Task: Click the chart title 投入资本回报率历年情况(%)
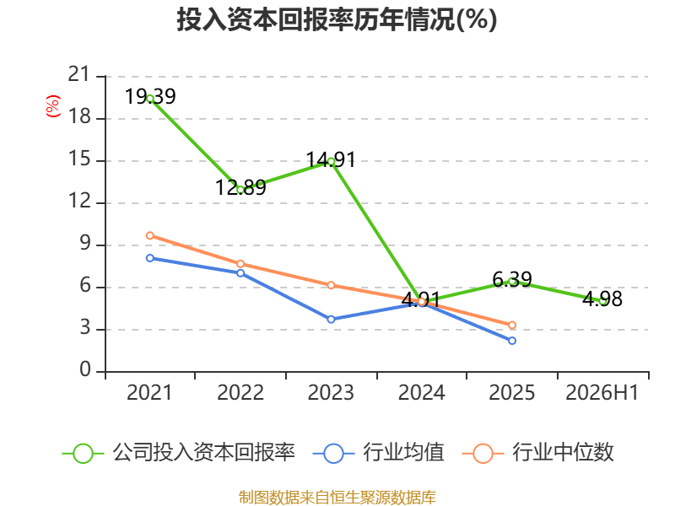[x=337, y=19]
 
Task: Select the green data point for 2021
[x=150, y=99]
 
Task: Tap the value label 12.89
[x=240, y=187]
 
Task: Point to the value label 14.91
[x=331, y=160]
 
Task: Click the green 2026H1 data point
[x=602, y=301]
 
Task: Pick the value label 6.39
[x=512, y=280]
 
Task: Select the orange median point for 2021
[x=150, y=235]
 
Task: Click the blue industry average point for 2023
[x=331, y=320]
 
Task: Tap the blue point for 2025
[x=512, y=341]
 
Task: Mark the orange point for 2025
[x=512, y=325]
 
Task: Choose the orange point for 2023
[x=331, y=285]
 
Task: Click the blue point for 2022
[x=240, y=273]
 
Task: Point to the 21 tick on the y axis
[x=78, y=75]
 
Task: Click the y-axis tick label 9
[x=85, y=244]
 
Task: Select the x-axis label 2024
[x=421, y=393]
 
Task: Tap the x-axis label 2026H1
[x=602, y=393]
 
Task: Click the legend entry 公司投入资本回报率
[x=179, y=453]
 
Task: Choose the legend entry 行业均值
[x=378, y=453]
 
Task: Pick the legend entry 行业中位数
[x=537, y=453]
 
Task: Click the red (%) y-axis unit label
[x=53, y=106]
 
